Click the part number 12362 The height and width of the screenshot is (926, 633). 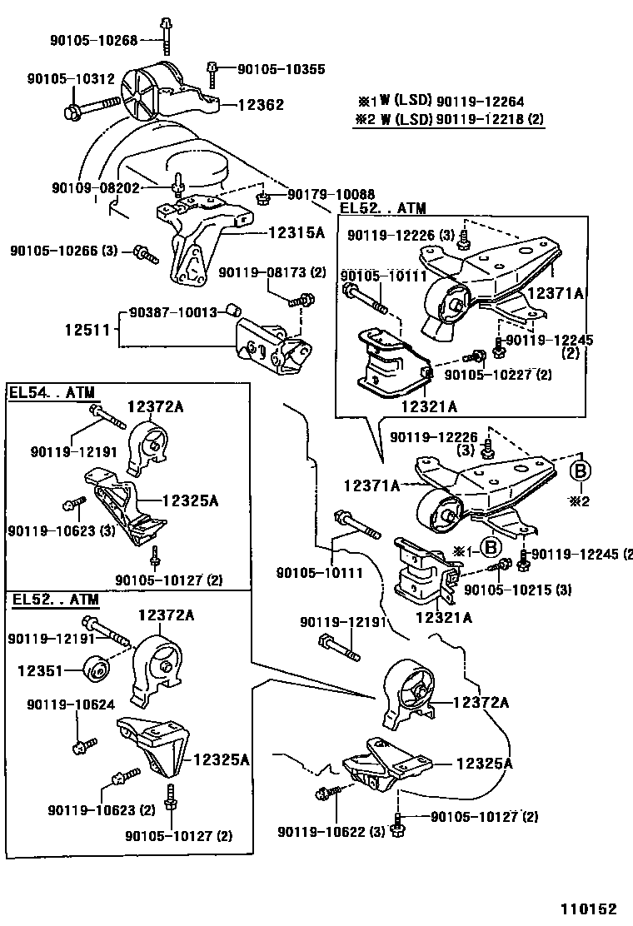coord(262,105)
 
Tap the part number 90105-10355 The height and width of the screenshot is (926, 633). coord(270,70)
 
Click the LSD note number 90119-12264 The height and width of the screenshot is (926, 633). coord(480,101)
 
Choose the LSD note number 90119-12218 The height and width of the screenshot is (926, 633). coord(480,119)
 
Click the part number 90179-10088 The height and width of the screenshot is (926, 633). coord(330,195)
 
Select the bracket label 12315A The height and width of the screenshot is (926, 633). coord(297,233)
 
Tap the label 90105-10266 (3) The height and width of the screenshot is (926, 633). coord(64,250)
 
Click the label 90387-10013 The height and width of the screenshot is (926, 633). coord(173,312)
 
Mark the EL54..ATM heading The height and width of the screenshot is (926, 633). coord(52,391)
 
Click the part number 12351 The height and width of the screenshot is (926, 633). coord(39,667)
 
